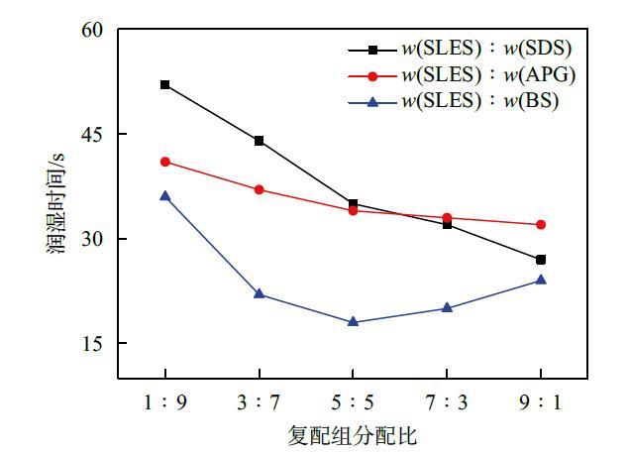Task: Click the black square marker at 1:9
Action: click(x=164, y=85)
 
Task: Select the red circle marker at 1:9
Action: click(x=164, y=162)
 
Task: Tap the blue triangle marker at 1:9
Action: click(x=164, y=196)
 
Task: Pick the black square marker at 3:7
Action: click(x=259, y=141)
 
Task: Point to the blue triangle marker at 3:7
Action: click(x=259, y=293)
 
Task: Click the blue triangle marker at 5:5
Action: click(x=353, y=321)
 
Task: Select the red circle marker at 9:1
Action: click(x=541, y=225)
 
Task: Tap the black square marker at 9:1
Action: click(x=541, y=260)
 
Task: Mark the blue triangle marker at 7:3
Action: click(x=447, y=307)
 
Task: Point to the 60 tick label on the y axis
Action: click(x=92, y=30)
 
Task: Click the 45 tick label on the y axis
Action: click(x=92, y=134)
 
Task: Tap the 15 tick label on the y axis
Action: click(x=92, y=344)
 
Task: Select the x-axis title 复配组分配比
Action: click(x=353, y=435)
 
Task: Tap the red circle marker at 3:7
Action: click(x=259, y=189)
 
